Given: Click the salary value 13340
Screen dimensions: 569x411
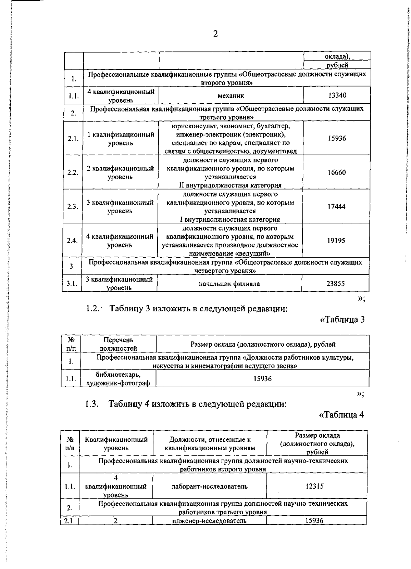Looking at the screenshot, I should [x=337, y=95].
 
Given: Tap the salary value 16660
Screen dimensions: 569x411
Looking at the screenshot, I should [x=336, y=172].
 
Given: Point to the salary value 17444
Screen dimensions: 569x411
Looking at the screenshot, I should [x=336, y=207].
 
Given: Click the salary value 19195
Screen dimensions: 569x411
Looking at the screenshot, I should [x=336, y=241].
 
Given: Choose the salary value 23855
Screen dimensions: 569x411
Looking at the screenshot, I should [x=335, y=283].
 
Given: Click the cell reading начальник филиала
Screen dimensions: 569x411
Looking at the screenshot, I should [x=229, y=284].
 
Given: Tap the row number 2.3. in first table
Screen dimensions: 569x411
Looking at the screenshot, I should [x=73, y=207].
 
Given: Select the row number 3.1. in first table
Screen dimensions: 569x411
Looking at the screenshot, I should [x=72, y=283].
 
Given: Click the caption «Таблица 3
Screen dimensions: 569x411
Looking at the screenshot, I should [x=342, y=320].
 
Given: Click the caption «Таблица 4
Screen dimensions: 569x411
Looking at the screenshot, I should [x=341, y=415].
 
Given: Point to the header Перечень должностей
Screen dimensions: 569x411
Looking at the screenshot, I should [x=118, y=344].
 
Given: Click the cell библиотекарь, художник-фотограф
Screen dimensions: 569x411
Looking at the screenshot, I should [x=118, y=379].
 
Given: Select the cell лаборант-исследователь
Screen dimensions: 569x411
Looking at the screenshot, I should [x=209, y=486].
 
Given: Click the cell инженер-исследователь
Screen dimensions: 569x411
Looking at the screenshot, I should [x=209, y=521].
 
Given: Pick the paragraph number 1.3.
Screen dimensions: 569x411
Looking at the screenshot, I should [x=92, y=404].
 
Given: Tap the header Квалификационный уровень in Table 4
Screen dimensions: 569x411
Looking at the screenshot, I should [x=116, y=443].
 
